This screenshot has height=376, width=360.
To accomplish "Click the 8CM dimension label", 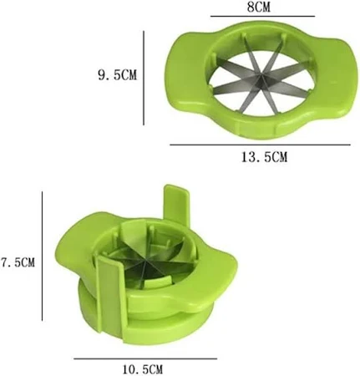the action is [259, 8].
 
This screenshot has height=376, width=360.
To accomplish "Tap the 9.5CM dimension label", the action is [118, 75].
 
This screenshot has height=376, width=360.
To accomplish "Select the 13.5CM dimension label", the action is [264, 157].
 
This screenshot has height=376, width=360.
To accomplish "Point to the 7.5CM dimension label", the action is [18, 262].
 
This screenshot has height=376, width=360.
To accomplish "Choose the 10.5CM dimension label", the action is [143, 369].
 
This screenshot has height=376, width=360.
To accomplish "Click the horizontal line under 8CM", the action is [262, 17].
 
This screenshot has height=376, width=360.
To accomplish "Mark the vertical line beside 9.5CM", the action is [144, 78].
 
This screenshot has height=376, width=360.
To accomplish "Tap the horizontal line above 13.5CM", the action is [260, 145].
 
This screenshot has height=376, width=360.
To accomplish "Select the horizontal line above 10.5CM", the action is [145, 358].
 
